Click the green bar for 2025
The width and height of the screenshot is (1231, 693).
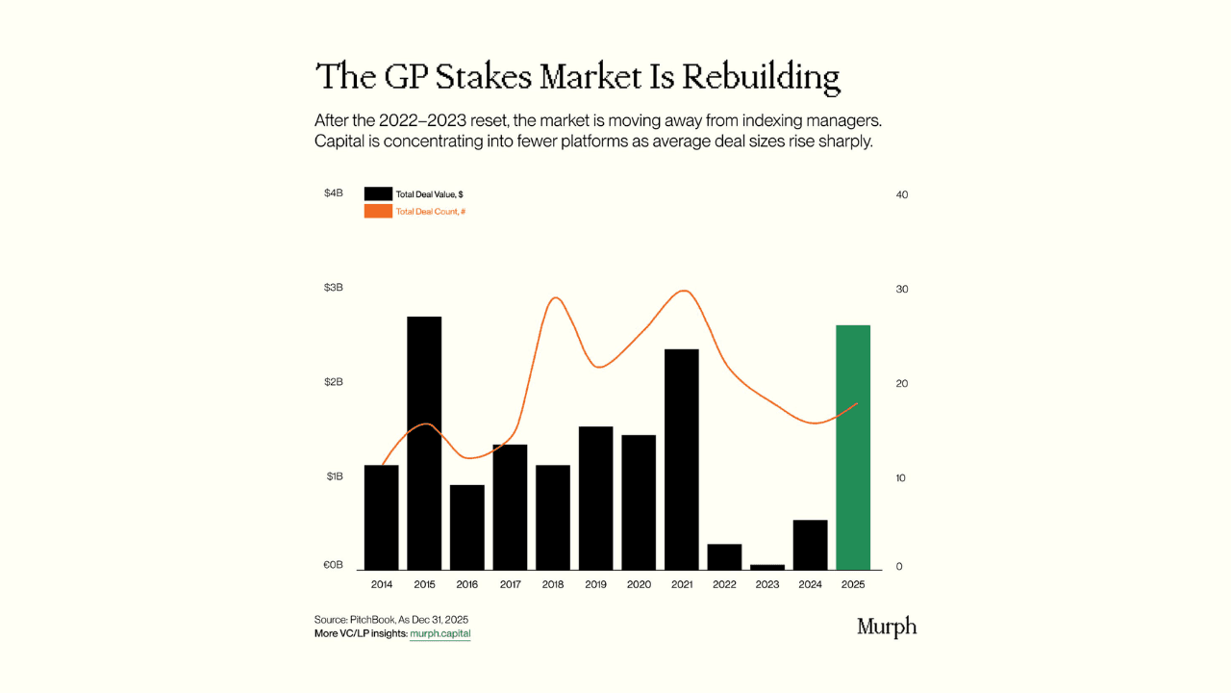pyautogui.click(x=853, y=448)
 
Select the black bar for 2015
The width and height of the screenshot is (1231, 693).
pyautogui.click(x=424, y=443)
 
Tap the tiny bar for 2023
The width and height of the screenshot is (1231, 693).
pyautogui.click(x=767, y=567)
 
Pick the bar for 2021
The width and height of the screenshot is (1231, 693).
pyautogui.click(x=682, y=459)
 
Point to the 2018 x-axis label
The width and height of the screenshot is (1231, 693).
pyautogui.click(x=553, y=584)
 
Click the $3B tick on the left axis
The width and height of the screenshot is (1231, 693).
pyautogui.click(x=334, y=288)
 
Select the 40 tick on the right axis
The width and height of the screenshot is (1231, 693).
pyautogui.click(x=901, y=194)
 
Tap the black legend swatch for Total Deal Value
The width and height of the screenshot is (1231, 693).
pyautogui.click(x=378, y=193)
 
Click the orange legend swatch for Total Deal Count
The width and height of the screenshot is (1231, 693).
pyautogui.click(x=378, y=211)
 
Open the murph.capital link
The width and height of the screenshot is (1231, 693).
pyautogui.click(x=440, y=633)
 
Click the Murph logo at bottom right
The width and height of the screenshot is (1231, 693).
pyautogui.click(x=886, y=628)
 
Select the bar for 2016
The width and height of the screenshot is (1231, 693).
pyautogui.click(x=467, y=526)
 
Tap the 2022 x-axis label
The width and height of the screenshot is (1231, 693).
pyautogui.click(x=724, y=584)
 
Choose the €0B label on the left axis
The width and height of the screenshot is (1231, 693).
pyautogui.click(x=333, y=565)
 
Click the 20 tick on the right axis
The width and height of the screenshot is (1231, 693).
pyautogui.click(x=901, y=383)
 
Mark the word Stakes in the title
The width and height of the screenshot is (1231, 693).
pyautogui.click(x=483, y=77)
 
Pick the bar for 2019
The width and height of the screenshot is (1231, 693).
pyautogui.click(x=596, y=498)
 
